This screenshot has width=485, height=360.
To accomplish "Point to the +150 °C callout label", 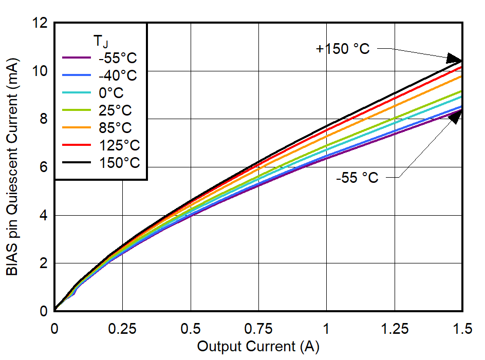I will pos(343,49).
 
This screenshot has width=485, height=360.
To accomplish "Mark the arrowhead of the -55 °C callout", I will pos(455,116).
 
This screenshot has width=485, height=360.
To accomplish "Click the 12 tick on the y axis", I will pos(43,23).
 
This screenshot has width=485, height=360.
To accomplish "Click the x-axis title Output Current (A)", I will pos(258,347).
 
